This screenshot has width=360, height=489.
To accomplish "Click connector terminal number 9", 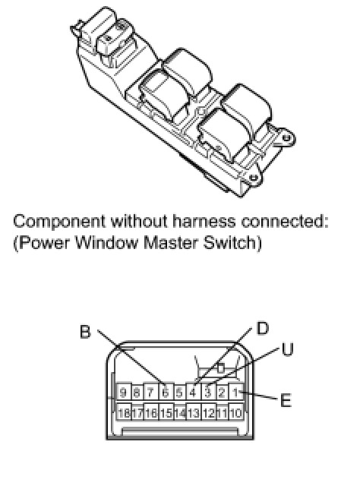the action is tap(123, 392).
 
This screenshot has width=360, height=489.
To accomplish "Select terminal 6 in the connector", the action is tap(166, 392).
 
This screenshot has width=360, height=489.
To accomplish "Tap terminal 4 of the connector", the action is tap(193, 392).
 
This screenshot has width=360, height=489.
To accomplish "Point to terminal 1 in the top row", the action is tap(236, 392).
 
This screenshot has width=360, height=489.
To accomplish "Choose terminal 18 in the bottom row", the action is tap(124, 412).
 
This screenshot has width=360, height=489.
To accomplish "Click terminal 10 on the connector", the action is tap(236, 412).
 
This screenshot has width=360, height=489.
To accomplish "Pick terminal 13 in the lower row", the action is tap(194, 412).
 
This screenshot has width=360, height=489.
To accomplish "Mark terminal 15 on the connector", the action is tap(166, 412).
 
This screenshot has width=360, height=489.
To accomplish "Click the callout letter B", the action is tap(85, 332).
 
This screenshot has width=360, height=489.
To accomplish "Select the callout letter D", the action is tap(262, 328).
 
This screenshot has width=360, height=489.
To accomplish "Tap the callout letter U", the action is tap(287, 349).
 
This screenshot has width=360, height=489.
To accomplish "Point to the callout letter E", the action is tap(286, 400).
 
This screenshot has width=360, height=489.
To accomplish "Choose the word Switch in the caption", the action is tap(229, 243).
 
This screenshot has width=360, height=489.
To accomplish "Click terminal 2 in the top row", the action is tap(222, 392).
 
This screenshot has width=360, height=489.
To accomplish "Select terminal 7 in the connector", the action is tap(150, 392).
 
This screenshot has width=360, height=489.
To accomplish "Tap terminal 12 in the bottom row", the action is tap(208, 412).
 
